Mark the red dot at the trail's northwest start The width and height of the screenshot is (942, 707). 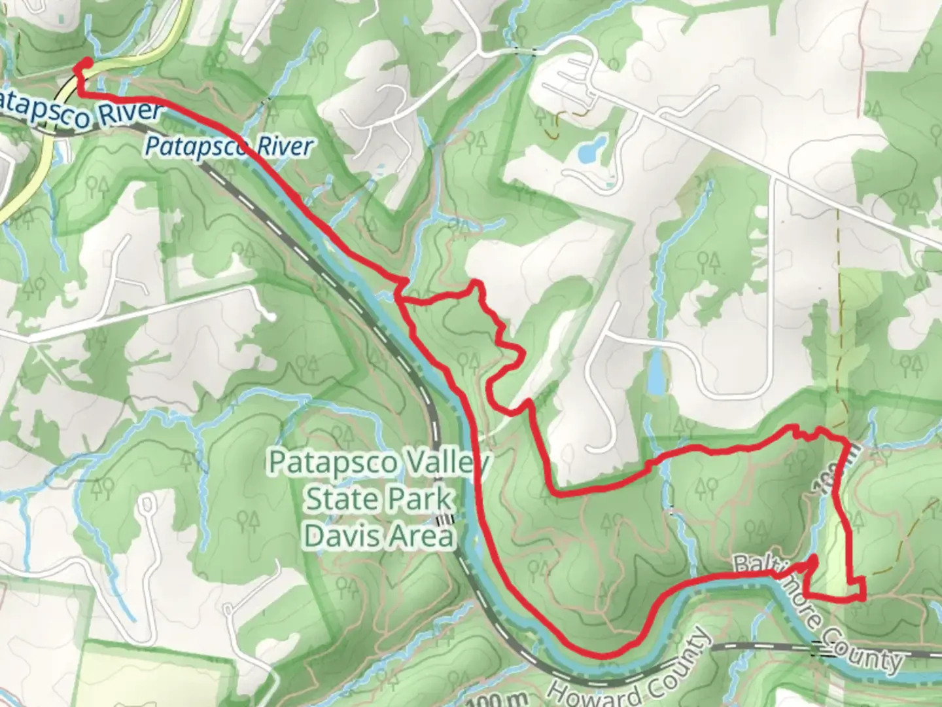coord(85,63)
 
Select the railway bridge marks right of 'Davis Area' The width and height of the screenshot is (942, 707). coord(445,520)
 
